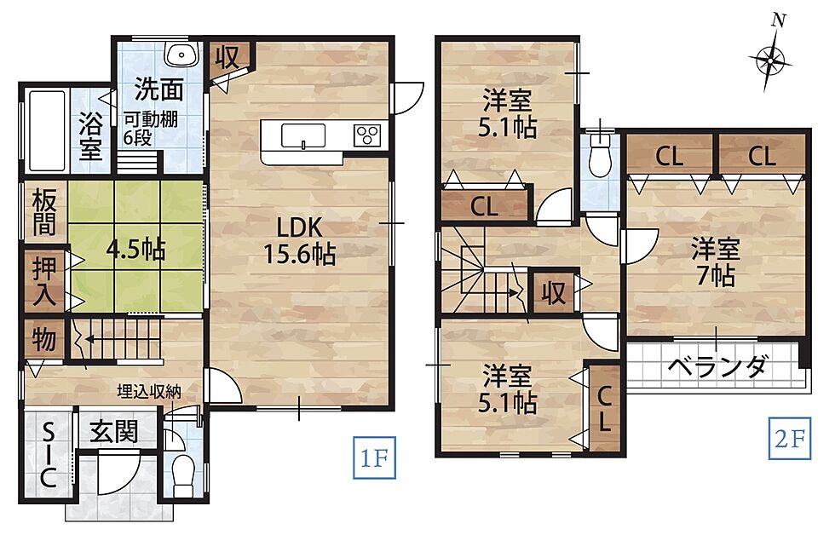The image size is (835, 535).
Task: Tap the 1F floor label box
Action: click(374, 457)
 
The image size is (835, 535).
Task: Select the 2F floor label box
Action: click(790, 439)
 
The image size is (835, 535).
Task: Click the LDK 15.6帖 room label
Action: click(300, 241)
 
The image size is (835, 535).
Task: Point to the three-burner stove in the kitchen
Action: click(367, 135)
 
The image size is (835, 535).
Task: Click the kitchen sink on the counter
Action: click(303, 135)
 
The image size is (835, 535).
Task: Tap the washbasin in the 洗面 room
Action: click(181, 55)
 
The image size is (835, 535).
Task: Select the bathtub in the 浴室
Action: click(47, 131)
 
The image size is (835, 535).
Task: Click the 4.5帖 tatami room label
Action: click(136, 249)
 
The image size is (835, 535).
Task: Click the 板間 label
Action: click(44, 213)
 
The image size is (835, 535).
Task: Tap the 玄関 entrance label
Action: click(113, 431)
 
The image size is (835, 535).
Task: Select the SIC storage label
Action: click(48, 456)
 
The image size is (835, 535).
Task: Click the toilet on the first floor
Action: click(182, 471)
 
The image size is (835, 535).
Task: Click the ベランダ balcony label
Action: click(717, 366)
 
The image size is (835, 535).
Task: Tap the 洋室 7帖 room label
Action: click(715, 263)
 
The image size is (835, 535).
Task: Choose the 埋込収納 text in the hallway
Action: click(149, 392)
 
